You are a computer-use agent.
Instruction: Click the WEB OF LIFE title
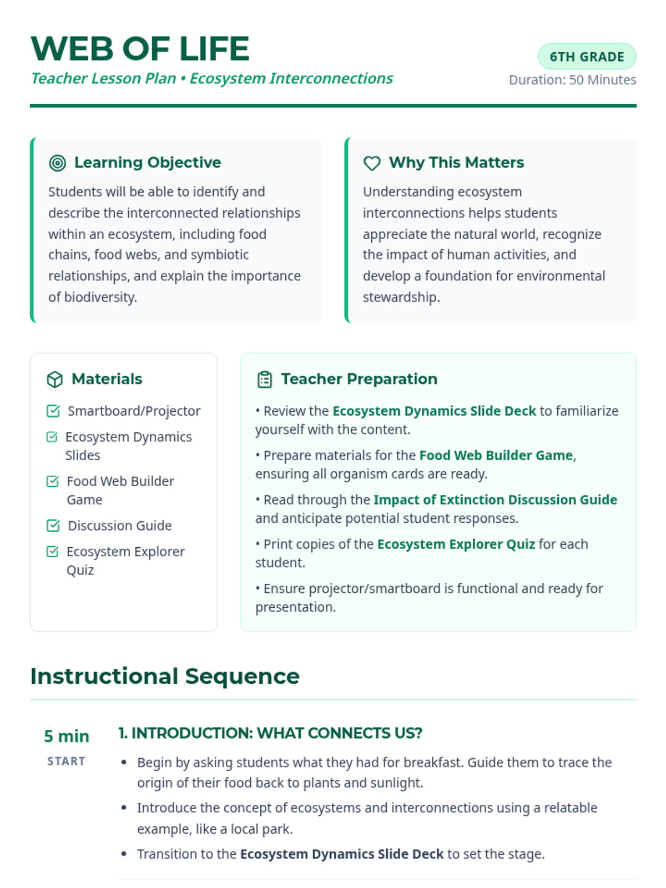tap(140, 49)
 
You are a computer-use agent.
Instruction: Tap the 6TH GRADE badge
tap(587, 57)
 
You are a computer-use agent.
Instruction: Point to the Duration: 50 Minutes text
tap(572, 80)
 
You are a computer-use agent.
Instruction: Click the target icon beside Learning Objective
tap(58, 163)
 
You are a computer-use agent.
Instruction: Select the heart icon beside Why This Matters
tap(372, 163)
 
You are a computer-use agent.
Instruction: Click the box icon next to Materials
tap(55, 379)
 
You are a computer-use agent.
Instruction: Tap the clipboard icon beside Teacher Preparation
tap(265, 379)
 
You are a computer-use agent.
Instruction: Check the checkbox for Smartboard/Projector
tap(53, 411)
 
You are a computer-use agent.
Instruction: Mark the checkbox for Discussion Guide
tap(53, 525)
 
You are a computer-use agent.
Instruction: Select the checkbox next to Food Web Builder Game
tap(53, 481)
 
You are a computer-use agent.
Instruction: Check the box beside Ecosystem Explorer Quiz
tap(53, 551)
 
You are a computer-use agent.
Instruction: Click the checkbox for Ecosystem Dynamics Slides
tap(52, 437)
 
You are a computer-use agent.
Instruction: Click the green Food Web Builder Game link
tap(496, 455)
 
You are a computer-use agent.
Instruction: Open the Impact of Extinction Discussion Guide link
tap(495, 500)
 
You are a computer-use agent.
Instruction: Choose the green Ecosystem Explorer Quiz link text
tap(456, 544)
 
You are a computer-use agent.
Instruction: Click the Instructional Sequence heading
tap(165, 676)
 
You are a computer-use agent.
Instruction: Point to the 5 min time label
tap(67, 736)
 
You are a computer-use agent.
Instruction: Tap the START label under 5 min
tap(66, 761)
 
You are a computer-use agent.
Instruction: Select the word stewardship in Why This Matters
tap(401, 297)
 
